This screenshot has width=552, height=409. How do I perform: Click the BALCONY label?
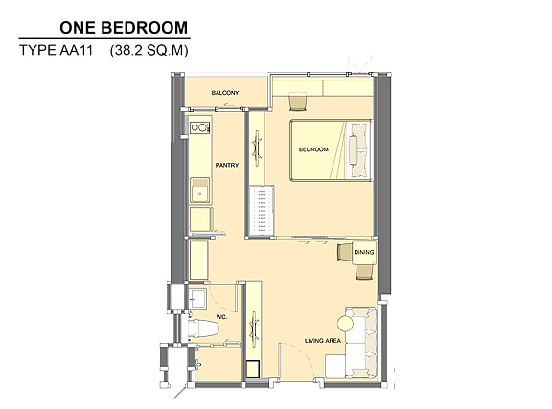click(x=225, y=93)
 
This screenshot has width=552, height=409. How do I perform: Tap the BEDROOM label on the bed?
click(x=313, y=149)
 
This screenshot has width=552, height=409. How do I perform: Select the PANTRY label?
click(x=227, y=165)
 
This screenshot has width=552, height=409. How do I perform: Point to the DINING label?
click(x=364, y=252)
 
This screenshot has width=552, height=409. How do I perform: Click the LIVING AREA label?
click(x=322, y=341)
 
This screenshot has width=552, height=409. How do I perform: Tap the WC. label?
click(x=221, y=317)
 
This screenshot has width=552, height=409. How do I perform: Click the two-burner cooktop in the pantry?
click(x=200, y=127)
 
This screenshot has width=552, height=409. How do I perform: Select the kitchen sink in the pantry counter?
click(x=200, y=191)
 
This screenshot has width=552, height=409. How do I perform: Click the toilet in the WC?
click(x=203, y=328)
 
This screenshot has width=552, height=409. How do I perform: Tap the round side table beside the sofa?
click(x=345, y=323)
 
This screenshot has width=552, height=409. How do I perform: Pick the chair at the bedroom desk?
click(x=298, y=102)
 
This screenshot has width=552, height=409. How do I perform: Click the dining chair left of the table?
click(x=344, y=252)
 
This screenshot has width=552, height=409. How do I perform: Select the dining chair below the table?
click(x=364, y=272)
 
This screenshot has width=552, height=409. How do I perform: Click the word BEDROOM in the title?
click(x=145, y=28)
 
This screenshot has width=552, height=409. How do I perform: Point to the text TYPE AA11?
click(x=56, y=50)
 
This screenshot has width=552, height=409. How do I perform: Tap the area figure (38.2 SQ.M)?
click(x=149, y=51)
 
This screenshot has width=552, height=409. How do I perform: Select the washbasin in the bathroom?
click(x=197, y=299)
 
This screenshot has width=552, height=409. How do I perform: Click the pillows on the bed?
click(x=360, y=149)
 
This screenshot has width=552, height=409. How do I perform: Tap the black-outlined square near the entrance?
click(x=252, y=369)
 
